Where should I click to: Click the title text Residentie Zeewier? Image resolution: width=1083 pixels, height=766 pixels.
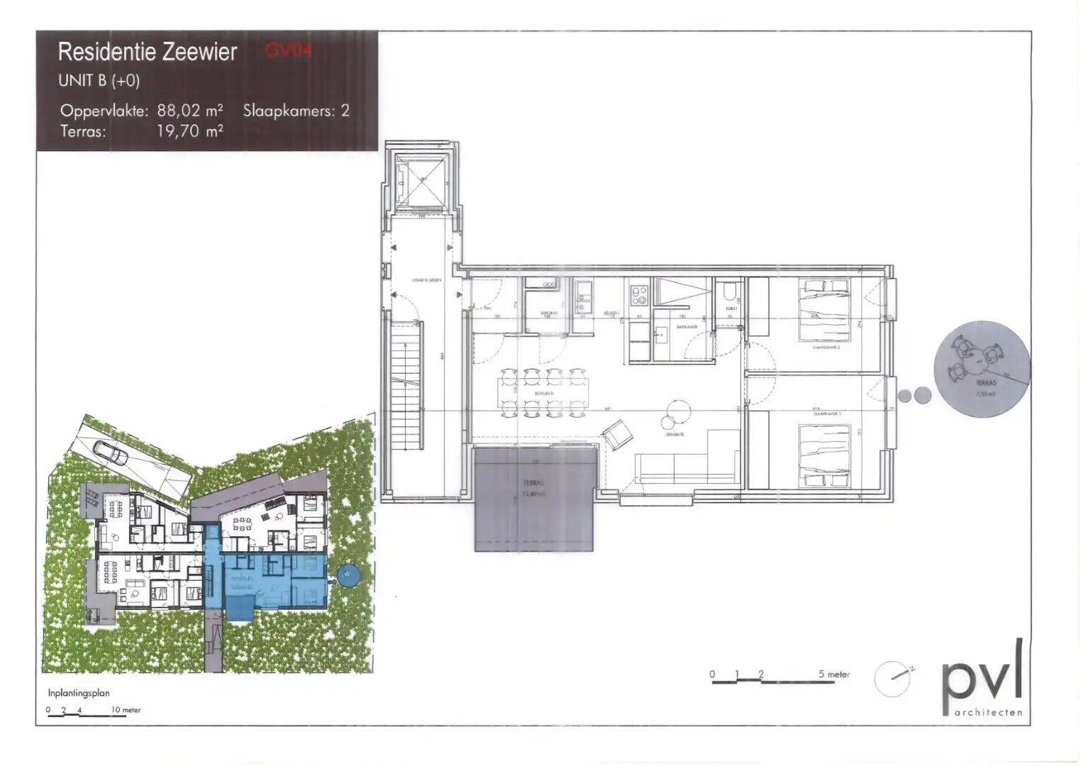[x=148, y=52]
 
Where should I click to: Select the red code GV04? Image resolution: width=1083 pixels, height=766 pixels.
[x=288, y=50]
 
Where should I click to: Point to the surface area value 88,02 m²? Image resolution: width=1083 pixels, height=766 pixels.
[x=190, y=111]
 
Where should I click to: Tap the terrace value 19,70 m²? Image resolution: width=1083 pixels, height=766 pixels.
[x=190, y=131]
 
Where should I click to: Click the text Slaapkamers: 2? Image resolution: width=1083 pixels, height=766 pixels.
[x=296, y=111]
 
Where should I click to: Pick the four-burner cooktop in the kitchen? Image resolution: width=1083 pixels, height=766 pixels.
[x=639, y=294]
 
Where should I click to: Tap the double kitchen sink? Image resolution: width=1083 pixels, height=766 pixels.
[x=584, y=299]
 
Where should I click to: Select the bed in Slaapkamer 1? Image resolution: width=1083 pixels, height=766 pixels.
[x=825, y=455]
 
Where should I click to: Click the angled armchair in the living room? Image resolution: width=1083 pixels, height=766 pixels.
[x=617, y=433]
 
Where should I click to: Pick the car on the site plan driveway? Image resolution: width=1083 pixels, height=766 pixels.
[x=111, y=452]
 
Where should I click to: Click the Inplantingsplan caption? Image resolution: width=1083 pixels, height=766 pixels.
[x=79, y=693]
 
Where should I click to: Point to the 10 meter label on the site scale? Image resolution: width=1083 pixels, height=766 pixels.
[x=126, y=710]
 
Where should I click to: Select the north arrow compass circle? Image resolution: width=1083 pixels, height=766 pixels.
[x=892, y=679]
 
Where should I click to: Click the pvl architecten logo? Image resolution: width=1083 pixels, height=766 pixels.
[x=982, y=679]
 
